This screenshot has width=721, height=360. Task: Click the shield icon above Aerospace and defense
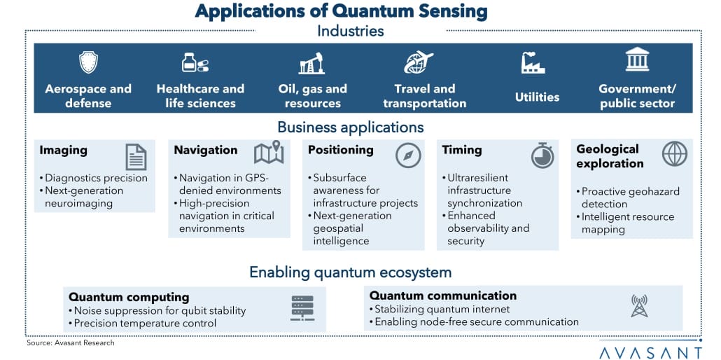(88, 63)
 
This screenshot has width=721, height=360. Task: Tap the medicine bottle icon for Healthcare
(194, 63)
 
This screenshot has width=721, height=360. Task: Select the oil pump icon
(312, 64)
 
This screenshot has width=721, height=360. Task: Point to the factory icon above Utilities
(533, 63)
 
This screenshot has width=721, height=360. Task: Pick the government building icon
(637, 61)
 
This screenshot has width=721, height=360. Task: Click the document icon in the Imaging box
(136, 156)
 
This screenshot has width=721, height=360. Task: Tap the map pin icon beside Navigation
(268, 153)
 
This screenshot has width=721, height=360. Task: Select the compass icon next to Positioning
(408, 155)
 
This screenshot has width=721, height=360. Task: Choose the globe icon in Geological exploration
(675, 153)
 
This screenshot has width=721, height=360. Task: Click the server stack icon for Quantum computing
(302, 308)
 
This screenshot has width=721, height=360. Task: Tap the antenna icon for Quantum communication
(638, 306)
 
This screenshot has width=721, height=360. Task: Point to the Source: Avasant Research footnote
(70, 343)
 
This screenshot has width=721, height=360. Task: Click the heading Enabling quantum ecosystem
(350, 272)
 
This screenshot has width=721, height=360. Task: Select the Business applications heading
(350, 127)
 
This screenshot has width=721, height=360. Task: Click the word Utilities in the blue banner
(537, 97)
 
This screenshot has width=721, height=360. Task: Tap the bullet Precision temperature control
(145, 323)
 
